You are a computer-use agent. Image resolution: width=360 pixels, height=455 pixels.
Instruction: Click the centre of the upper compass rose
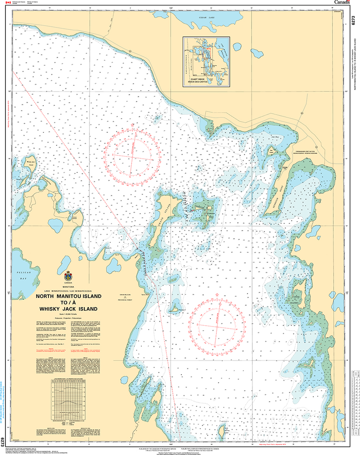point(132,156)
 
